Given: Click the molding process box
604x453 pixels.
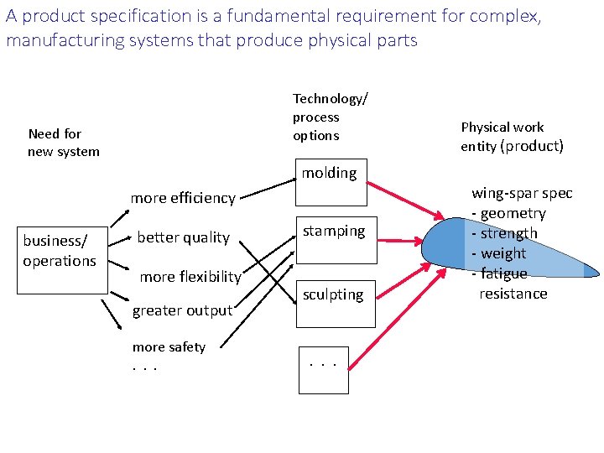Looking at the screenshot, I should tap(331, 182).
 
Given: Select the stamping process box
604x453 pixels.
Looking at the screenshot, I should tap(333, 239).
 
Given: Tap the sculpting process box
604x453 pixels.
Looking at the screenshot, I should tap(333, 303).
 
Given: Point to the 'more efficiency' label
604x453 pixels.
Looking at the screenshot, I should tap(183, 198).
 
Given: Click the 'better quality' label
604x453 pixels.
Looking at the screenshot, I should tap(183, 237).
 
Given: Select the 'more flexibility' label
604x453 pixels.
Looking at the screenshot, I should tap(190, 277).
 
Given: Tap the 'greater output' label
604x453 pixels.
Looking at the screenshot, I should tap(182, 310).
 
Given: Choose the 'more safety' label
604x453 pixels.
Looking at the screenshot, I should tap(169, 347).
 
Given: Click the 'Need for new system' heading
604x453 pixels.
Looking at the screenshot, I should tap(63, 143).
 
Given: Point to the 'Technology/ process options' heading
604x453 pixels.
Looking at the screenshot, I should tap(329, 117).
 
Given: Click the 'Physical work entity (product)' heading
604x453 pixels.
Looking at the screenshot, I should tap(511, 137).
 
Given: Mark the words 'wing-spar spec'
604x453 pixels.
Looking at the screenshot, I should tap(522, 193).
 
